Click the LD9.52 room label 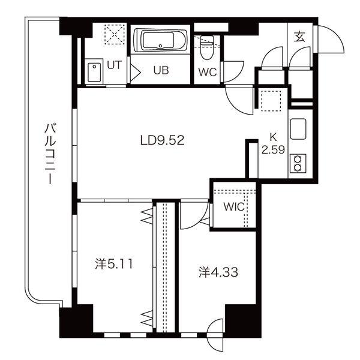[x=162, y=140]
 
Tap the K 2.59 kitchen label [x=273, y=143]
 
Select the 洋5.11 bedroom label [x=114, y=264]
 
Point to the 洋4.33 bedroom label [x=218, y=272]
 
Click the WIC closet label [x=234, y=207]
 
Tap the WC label [x=208, y=73]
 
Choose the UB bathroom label [x=161, y=70]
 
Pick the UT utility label [x=114, y=65]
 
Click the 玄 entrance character [x=300, y=36]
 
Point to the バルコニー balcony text [x=50, y=154]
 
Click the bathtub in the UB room [x=160, y=41]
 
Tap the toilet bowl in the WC [x=207, y=47]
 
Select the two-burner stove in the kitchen [x=298, y=163]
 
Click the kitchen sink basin [x=298, y=129]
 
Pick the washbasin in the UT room [x=94, y=72]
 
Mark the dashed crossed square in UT [x=115, y=34]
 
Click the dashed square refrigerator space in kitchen [x=271, y=101]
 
